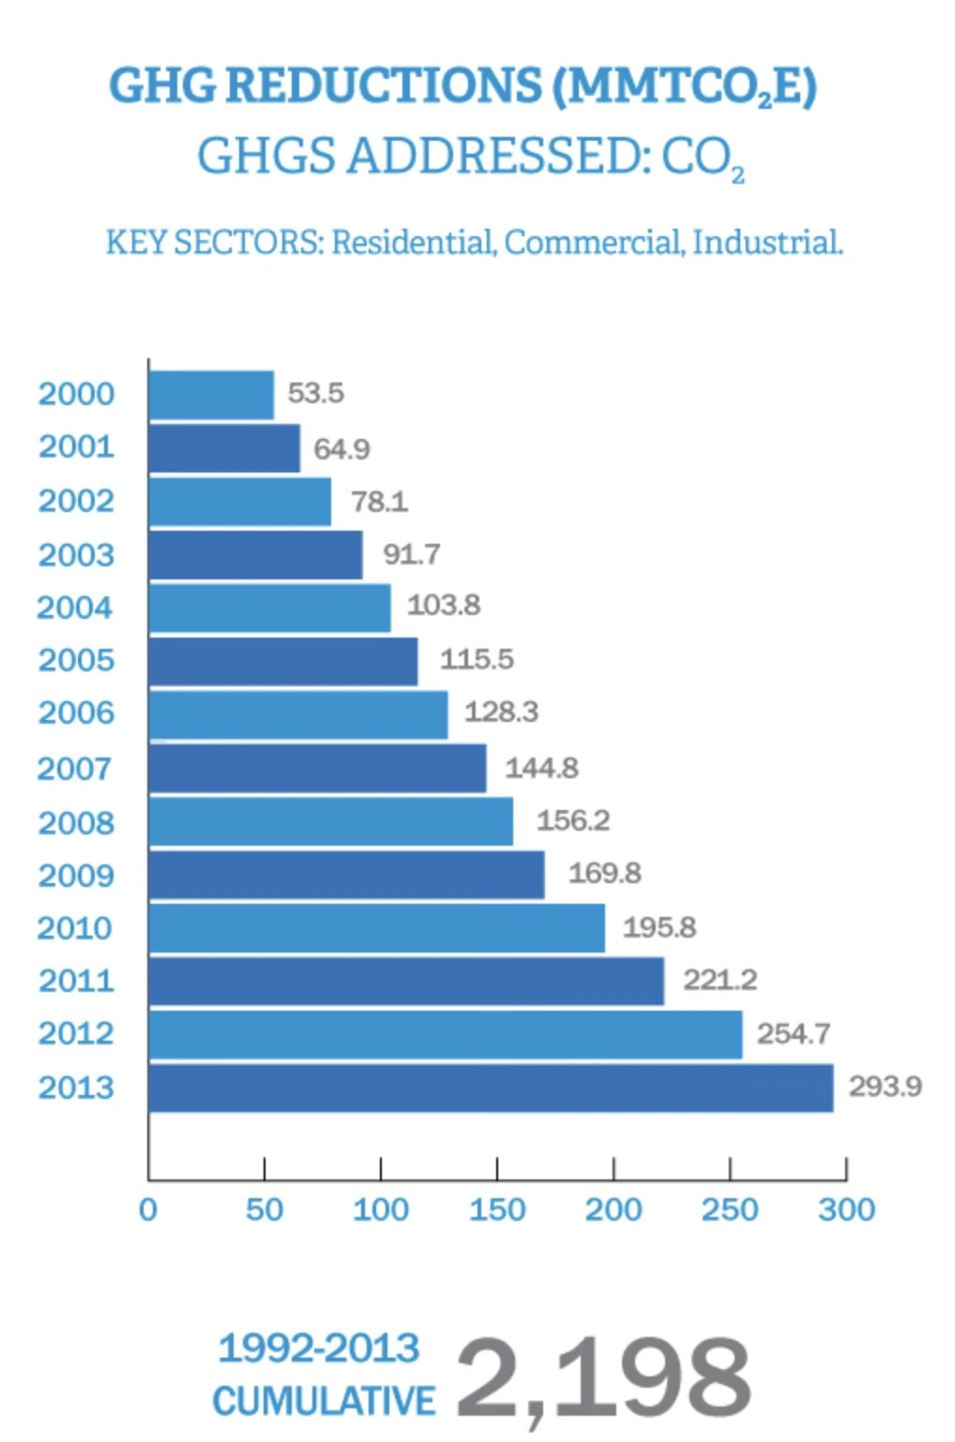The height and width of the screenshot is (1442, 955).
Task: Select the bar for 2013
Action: coord(491,1088)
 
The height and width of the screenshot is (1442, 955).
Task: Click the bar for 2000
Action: coord(211,395)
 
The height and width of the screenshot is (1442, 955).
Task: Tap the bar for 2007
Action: coord(317,769)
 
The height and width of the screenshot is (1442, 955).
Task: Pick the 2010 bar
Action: coord(376,928)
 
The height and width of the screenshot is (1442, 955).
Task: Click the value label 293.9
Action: coord(885,1087)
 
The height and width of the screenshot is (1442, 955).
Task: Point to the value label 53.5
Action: coord(315,393)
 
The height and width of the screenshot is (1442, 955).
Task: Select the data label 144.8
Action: coord(541,769)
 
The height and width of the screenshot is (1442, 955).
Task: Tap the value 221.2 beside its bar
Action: coord(720,980)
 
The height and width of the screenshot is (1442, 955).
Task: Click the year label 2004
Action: coord(75,608)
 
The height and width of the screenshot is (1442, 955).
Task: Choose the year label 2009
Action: coord(75,876)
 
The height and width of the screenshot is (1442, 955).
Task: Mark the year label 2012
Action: coord(75,1033)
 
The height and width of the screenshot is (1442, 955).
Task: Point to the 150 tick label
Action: coord(497,1209)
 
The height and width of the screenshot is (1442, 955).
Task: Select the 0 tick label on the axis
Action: coord(148,1209)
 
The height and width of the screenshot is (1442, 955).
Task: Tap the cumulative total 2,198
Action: coord(603,1378)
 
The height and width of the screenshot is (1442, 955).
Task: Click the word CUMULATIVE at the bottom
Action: coord(324,1401)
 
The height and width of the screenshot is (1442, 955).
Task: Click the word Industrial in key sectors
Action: coord(767,243)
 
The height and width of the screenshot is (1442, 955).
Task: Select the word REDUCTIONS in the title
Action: coord(384,86)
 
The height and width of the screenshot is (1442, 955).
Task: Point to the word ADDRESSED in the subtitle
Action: coord(498,156)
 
